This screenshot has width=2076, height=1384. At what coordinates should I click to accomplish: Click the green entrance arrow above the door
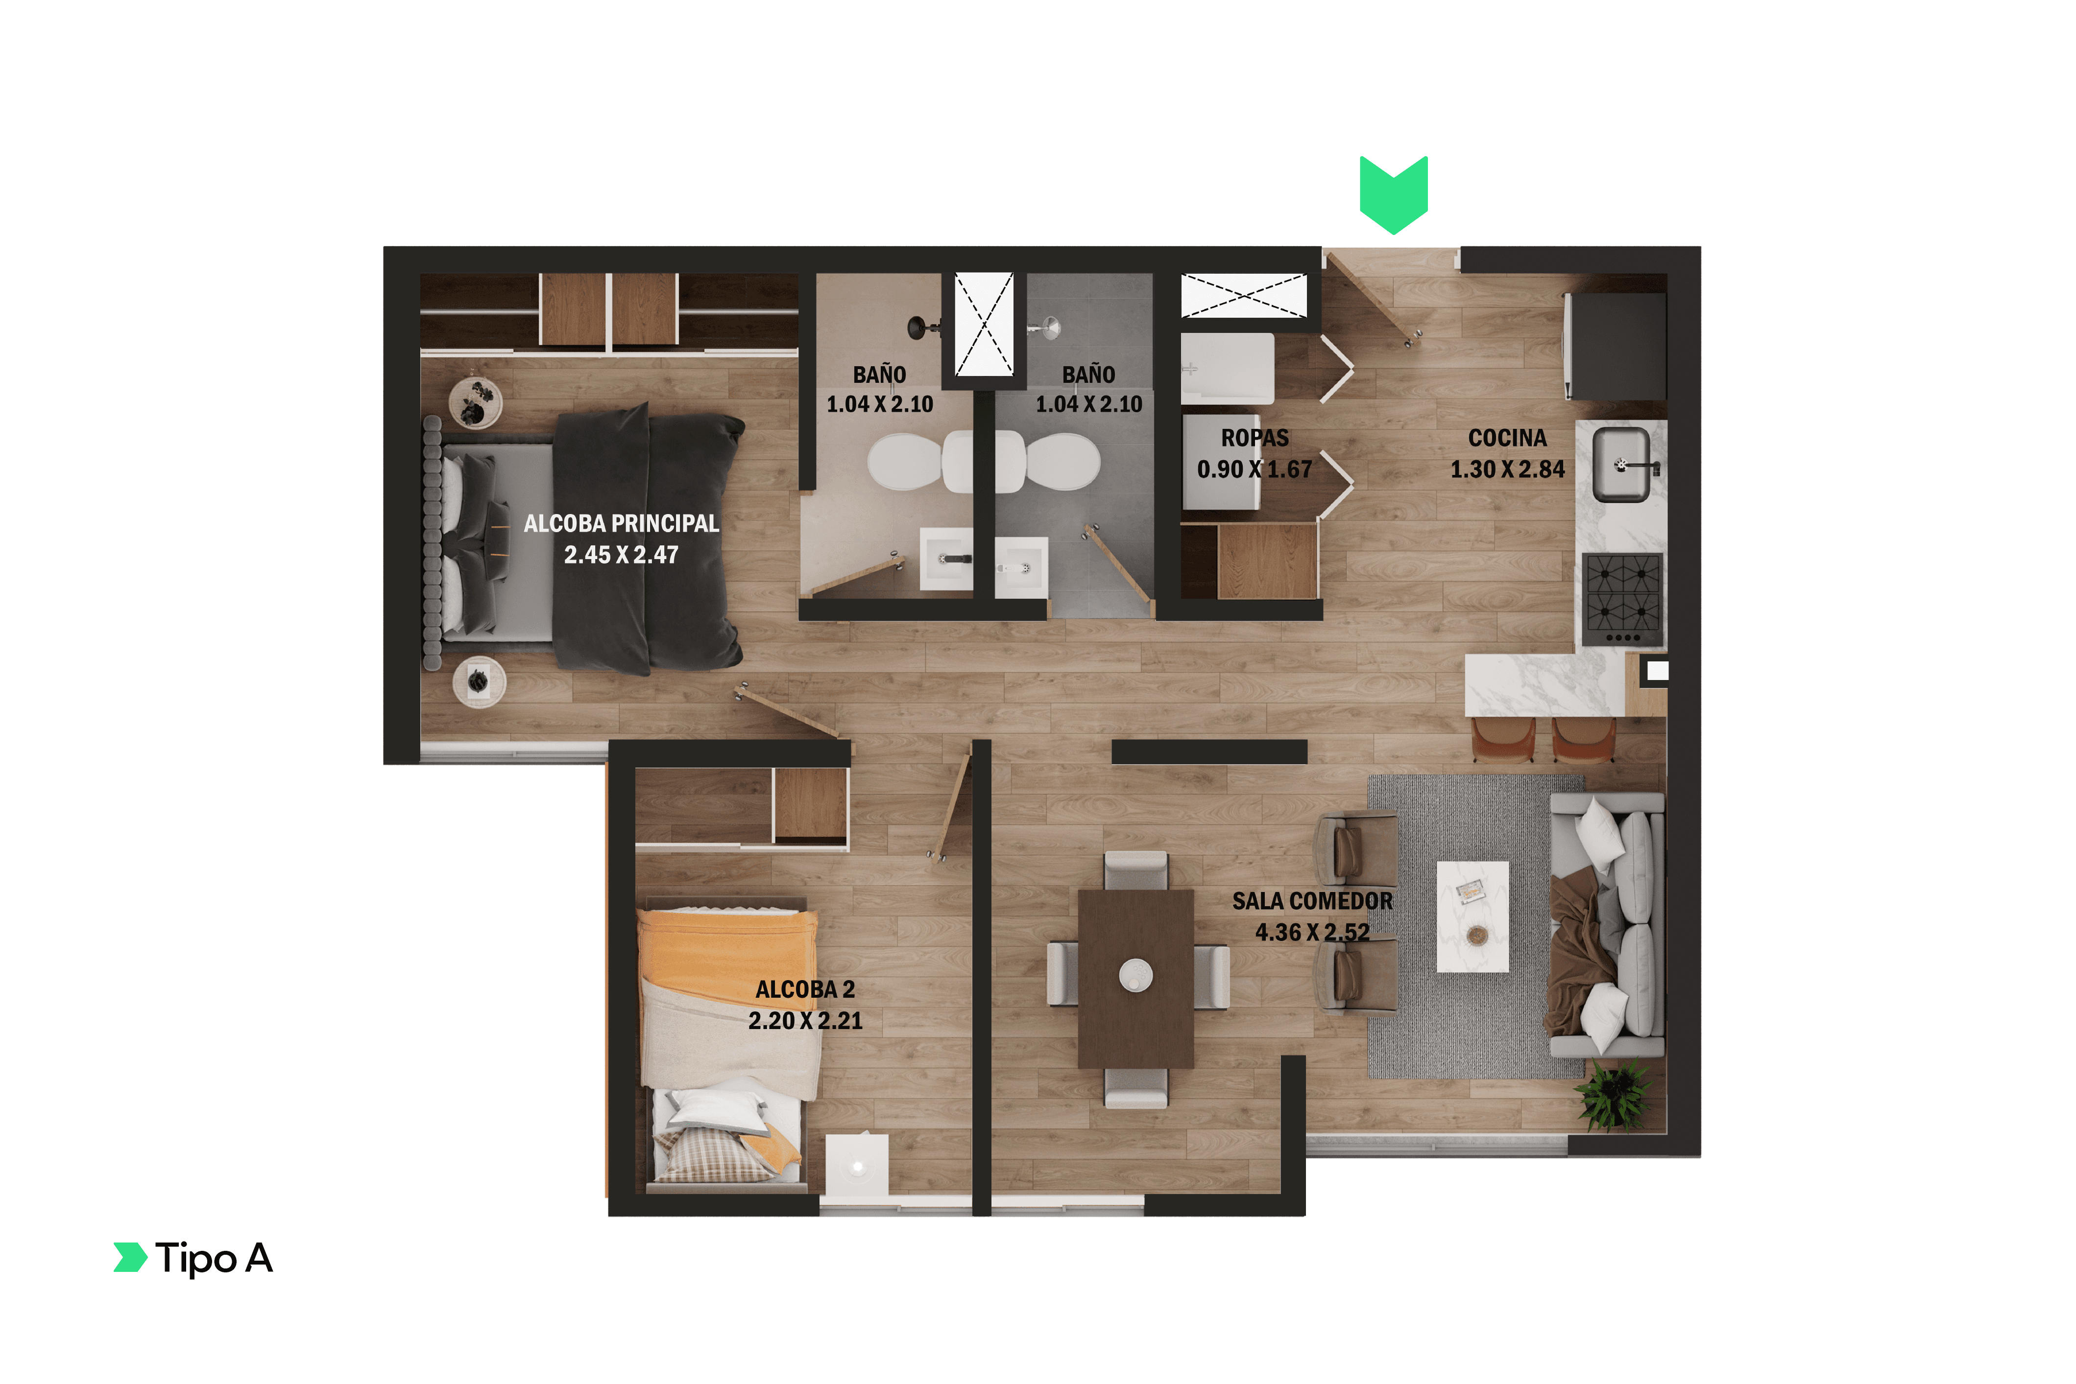pyautogui.click(x=1394, y=194)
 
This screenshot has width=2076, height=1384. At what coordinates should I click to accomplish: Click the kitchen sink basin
pyautogui.click(x=1621, y=464)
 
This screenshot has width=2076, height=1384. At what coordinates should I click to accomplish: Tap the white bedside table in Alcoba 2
pyautogui.click(x=857, y=1165)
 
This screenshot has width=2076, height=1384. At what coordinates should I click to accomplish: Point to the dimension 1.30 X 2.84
pyautogui.click(x=1507, y=469)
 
